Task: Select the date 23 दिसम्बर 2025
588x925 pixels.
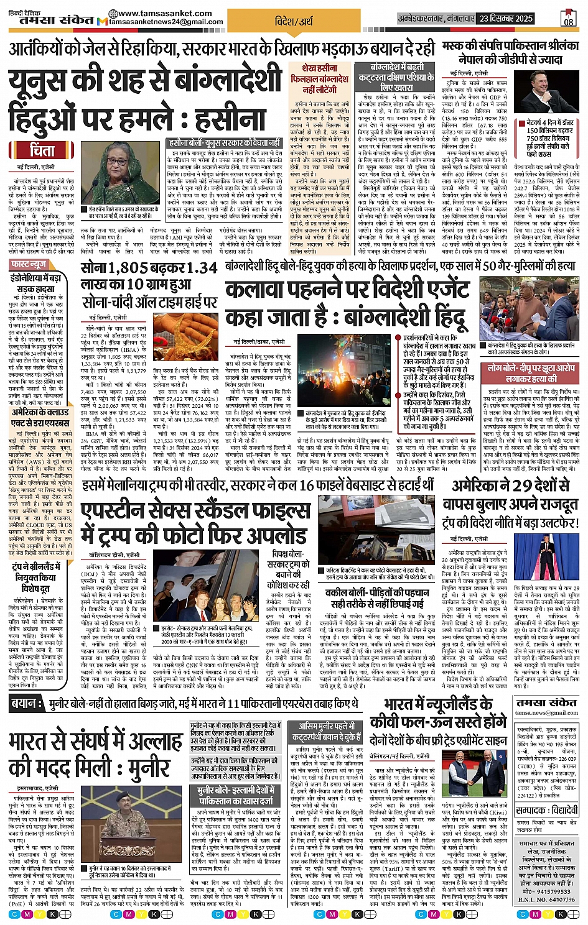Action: click(516, 19)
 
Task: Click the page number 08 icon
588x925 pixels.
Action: click(568, 18)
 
